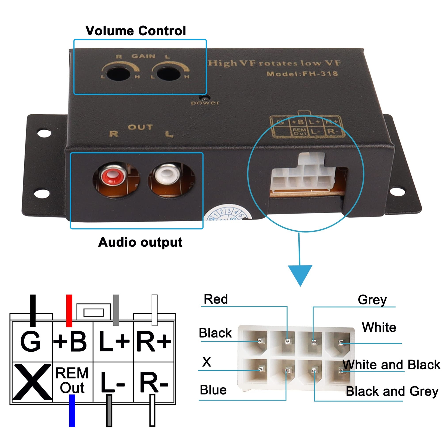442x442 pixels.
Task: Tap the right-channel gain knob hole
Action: tap(118, 73)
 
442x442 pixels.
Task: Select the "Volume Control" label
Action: tap(136, 31)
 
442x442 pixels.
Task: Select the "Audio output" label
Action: tap(140, 242)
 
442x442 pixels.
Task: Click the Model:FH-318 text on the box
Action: tap(302, 74)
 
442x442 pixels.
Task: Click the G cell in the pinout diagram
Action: tap(31, 341)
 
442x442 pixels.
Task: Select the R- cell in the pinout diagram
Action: tap(154, 382)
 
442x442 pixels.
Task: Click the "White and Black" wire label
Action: tap(391, 365)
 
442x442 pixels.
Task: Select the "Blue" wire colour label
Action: tap(213, 390)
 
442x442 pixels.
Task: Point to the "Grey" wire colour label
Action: tap(372, 299)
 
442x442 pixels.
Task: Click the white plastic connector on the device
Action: tap(302, 173)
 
